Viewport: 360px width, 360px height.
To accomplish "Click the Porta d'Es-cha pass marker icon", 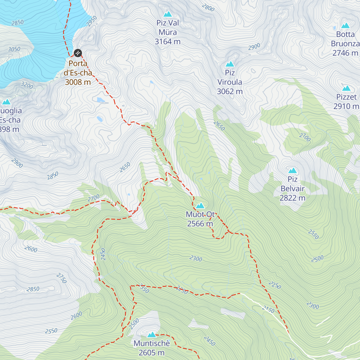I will pos(78,53).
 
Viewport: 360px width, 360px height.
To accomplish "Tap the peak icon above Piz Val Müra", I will pos(167,14).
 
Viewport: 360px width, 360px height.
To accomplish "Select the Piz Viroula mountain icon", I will pos(230,64).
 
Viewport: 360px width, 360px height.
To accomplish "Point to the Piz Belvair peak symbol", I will pos(292,171).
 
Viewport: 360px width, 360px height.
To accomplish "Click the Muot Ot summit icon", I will pos(200,205).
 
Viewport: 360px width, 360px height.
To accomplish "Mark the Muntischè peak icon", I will pos(151,334).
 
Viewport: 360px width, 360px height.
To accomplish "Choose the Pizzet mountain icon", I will pos(346,88).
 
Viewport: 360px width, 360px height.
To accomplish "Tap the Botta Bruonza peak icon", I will pos(346,25).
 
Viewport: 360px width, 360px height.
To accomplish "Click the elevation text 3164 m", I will pos(167,42).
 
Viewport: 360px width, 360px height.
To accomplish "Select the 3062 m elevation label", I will pos(230,91).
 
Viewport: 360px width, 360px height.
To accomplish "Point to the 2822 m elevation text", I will pos(292,198).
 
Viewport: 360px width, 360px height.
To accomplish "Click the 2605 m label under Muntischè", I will pos(151,353).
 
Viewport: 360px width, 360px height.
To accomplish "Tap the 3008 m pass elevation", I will pos(78,82).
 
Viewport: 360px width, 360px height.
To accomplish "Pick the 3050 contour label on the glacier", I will pos(14,49).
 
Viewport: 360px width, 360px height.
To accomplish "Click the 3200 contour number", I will pos(27,85).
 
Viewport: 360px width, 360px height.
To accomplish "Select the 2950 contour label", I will pos(92,21).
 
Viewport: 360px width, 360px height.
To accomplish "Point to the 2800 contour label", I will pos(208,7).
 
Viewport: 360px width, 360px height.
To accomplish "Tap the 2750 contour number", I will pos(61,278).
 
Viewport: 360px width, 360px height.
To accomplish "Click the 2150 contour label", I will pos(268,309).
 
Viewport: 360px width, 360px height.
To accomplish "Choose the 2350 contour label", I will pos(144,289).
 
